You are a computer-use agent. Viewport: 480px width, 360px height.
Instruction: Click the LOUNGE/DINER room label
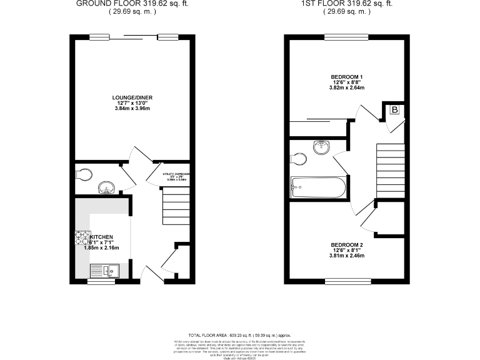(132, 97)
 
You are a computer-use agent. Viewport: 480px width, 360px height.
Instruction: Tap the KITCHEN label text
(101, 237)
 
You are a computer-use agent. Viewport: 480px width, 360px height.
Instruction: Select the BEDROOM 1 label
(347, 77)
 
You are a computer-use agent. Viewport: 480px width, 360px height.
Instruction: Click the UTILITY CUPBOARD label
(176, 174)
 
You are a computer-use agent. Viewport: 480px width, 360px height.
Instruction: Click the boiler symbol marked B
(394, 111)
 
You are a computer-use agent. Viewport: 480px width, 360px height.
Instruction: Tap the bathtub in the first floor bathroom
(318, 187)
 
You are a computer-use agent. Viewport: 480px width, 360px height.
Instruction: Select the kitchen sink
(102, 270)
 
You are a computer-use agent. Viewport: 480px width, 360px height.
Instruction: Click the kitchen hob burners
(82, 237)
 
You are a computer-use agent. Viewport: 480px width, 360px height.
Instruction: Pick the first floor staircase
(389, 169)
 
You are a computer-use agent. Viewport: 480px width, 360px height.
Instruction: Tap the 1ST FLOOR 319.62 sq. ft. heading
(347, 3)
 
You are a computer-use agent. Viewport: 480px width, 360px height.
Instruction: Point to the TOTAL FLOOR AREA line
(240, 336)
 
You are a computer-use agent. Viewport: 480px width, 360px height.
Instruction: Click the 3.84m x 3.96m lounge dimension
(132, 109)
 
